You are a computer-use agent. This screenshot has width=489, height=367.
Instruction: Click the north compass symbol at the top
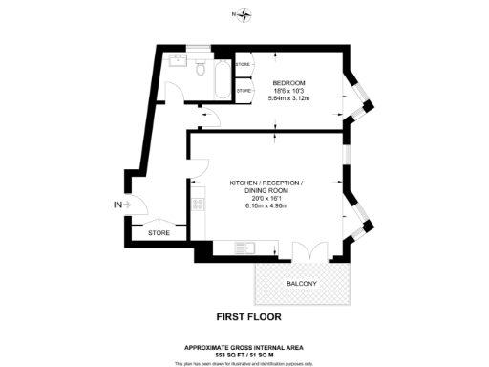tap(246, 13)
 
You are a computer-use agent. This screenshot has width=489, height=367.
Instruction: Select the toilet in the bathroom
tap(200, 70)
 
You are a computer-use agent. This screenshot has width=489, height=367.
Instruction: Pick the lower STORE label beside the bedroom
tap(244, 91)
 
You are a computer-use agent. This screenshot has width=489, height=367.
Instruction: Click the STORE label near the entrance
tap(159, 232)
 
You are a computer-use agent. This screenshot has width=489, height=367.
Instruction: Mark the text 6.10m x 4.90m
tap(266, 205)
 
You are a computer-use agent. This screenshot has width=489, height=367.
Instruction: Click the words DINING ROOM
tap(266, 190)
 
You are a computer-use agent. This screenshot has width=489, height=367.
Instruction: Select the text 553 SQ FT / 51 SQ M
tap(247, 354)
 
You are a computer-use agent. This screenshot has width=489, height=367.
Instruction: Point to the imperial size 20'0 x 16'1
tap(266, 198)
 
